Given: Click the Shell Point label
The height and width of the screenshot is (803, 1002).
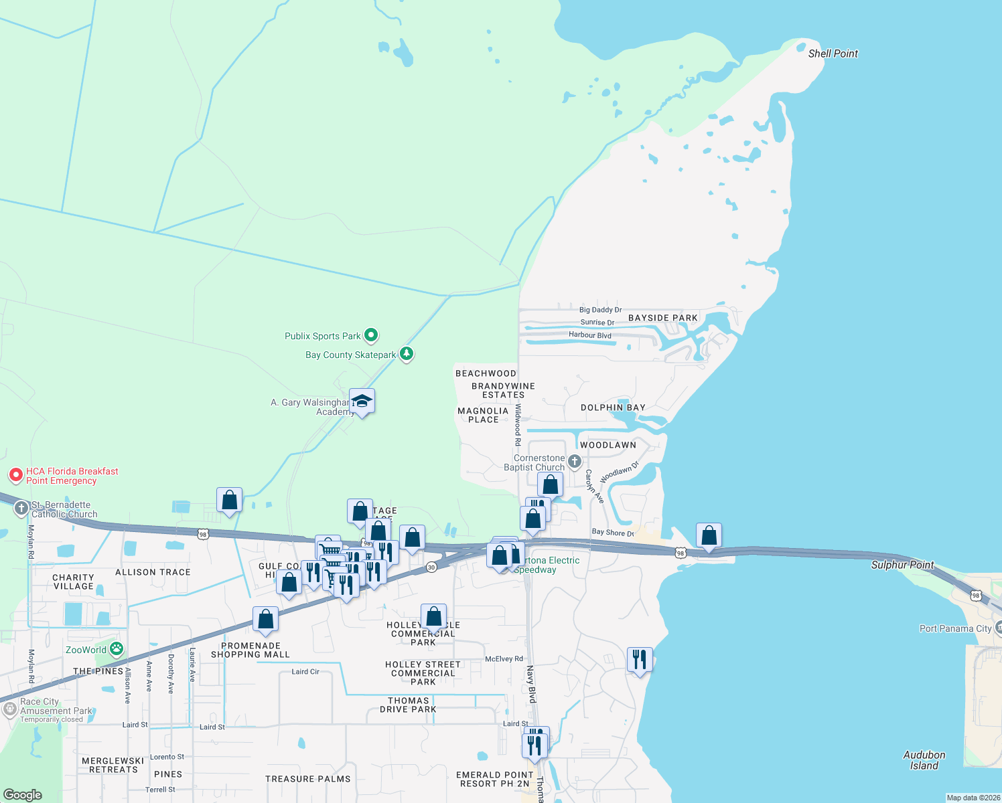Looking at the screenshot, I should tap(833, 54).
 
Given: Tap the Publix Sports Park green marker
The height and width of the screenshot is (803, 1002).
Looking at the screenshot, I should tap(371, 335).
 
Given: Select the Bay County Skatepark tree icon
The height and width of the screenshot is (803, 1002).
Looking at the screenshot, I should tap(406, 354).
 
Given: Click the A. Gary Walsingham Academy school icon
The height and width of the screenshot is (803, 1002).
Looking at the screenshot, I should tap(362, 401).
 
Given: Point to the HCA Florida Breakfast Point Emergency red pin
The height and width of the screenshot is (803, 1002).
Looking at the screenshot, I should tap(16, 476).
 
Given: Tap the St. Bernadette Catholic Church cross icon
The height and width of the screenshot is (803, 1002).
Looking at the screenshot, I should tap(21, 509).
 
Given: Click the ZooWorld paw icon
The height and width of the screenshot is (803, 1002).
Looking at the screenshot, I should tap(117, 649).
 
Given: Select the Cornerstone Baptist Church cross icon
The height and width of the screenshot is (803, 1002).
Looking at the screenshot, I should tap(574, 462).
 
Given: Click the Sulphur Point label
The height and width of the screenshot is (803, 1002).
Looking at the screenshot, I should tap(902, 565).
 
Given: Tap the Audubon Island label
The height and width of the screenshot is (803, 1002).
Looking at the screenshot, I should tap(924, 760).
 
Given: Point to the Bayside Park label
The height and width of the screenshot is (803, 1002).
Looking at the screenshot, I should tap(662, 318).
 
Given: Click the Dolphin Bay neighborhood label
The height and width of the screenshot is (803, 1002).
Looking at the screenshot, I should tap(613, 408).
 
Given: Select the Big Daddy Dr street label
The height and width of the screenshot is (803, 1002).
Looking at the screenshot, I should tap(600, 310).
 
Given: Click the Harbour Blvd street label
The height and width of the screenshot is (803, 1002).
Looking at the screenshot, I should tap(589, 335).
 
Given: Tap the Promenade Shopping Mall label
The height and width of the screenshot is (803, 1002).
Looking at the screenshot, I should tap(250, 650).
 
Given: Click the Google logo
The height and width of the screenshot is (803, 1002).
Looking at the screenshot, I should tap(23, 794).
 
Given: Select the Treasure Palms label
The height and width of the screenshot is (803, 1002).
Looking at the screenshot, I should tap(307, 779).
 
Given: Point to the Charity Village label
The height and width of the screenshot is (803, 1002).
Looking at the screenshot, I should tap(73, 582).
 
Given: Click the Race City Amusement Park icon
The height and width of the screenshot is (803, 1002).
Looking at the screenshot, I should tap(9, 709).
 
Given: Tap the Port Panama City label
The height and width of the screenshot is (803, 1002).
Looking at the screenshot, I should tap(955, 628).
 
